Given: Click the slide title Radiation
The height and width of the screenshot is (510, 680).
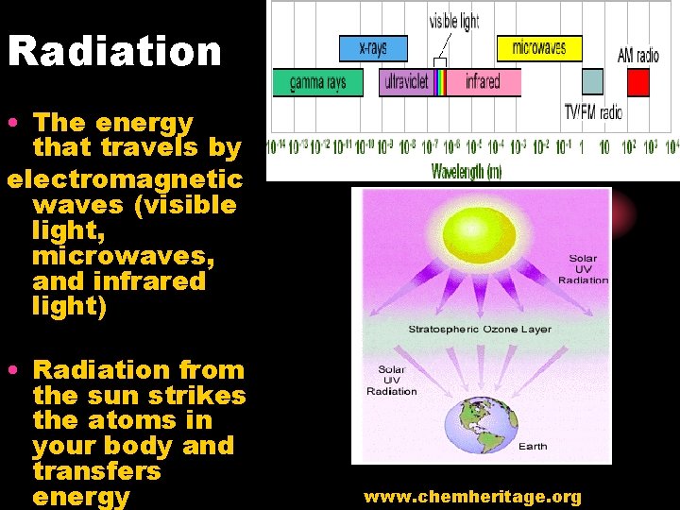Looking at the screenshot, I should click(x=114, y=51).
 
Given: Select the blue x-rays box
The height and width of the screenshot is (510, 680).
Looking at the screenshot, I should click(x=373, y=48).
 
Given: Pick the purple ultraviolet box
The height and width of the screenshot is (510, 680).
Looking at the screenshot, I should click(x=404, y=83).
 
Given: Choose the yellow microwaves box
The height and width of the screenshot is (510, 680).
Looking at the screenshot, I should click(x=539, y=48).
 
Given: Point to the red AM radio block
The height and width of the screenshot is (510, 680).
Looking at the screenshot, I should click(x=638, y=83).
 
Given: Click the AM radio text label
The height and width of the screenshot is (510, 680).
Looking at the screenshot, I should click(x=638, y=55).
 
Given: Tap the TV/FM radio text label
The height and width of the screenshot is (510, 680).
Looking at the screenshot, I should click(x=593, y=112).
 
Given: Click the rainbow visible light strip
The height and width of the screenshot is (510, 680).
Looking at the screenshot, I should click(x=439, y=83).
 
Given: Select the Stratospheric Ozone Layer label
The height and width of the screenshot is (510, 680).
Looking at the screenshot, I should click(x=480, y=330).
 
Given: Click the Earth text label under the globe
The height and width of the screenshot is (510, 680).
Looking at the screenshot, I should click(x=533, y=447).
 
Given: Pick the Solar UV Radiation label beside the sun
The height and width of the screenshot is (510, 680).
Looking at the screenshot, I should click(x=583, y=269).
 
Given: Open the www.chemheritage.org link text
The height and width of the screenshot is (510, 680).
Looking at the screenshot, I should click(x=472, y=497).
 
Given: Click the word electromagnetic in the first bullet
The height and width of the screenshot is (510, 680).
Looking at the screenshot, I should click(x=124, y=179).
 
